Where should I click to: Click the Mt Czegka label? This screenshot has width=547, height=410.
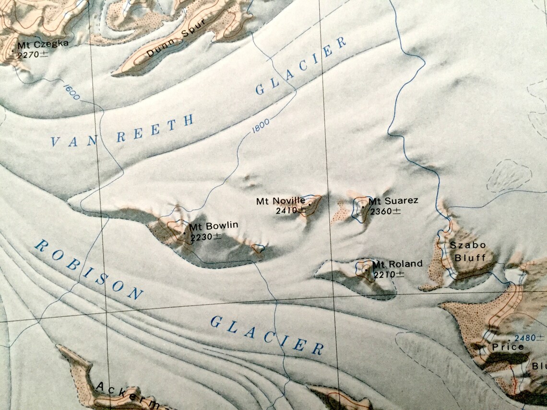pyautogui.click(x=43, y=45)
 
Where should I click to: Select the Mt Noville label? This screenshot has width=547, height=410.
pyautogui.click(x=280, y=201)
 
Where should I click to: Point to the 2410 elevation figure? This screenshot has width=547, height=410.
pyautogui.click(x=291, y=210)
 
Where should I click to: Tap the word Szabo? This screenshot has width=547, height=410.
pyautogui.click(x=468, y=245)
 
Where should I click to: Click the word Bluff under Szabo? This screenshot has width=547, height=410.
pyautogui.click(x=470, y=258)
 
